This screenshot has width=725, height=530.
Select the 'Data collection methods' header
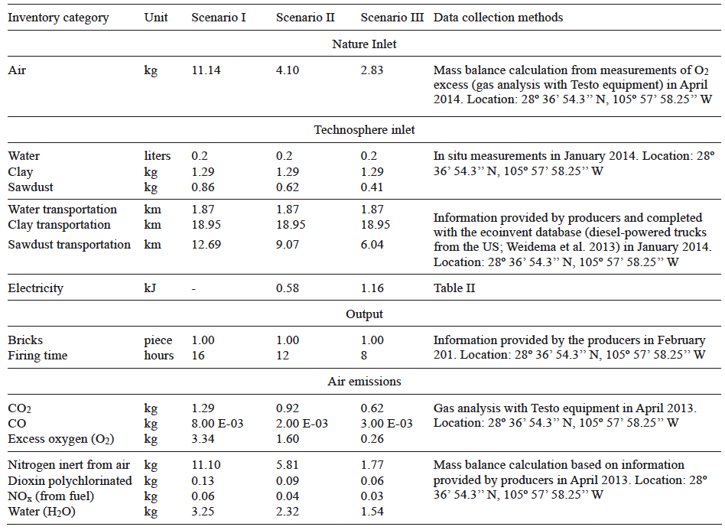click(x=498, y=18)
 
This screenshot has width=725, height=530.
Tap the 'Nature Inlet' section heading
click(x=364, y=44)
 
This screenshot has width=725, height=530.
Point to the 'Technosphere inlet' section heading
click(x=364, y=130)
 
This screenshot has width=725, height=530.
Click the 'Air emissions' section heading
click(x=364, y=382)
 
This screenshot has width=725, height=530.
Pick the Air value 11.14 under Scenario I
click(x=206, y=70)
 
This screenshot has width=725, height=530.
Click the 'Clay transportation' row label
click(x=59, y=225)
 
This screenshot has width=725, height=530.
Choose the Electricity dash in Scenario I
click(x=194, y=288)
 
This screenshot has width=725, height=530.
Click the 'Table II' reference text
click(x=454, y=288)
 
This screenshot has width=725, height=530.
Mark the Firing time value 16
click(x=197, y=355)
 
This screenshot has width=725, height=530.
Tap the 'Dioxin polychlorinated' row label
click(x=70, y=480)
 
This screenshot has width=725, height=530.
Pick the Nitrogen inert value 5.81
click(x=288, y=465)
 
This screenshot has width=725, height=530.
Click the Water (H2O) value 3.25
click(x=203, y=511)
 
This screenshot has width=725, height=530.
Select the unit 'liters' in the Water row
click(x=158, y=156)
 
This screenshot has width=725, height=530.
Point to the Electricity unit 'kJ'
click(x=151, y=288)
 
